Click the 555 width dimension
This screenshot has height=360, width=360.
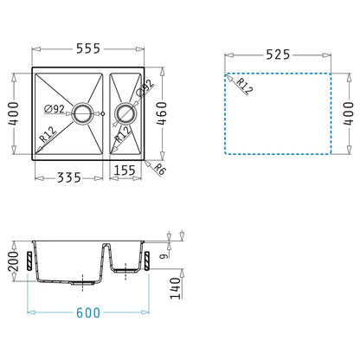tap(88, 48)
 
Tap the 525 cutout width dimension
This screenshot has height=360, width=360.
tap(278, 55)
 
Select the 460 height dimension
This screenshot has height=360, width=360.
tap(162, 113)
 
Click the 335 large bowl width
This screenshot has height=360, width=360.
tap(69, 177)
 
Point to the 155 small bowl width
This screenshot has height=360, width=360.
tap(125, 170)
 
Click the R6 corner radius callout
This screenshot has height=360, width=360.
tap(159, 169)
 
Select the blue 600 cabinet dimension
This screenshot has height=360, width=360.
tap(88, 312)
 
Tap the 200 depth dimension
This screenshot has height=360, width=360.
tap(13, 261)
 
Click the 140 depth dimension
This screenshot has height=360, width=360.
tap(175, 288)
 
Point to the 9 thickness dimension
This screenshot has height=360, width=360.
tap(164, 255)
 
